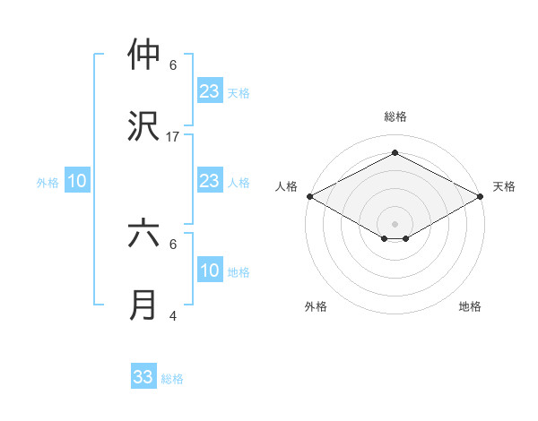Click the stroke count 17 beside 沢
pos(173,137)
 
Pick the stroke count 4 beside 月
pos(173,315)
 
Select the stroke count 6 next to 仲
pos(173,65)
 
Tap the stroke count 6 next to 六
pos(173,244)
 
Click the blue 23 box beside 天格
pos(210,91)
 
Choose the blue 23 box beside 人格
pos(210,181)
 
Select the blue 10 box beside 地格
pos(210,271)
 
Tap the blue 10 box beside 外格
pos(77,181)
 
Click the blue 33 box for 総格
pos(143,377)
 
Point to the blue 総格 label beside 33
pos(173,379)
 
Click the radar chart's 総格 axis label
pos(395,116)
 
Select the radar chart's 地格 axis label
pos(470,306)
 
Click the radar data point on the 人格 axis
pos(309,196)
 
